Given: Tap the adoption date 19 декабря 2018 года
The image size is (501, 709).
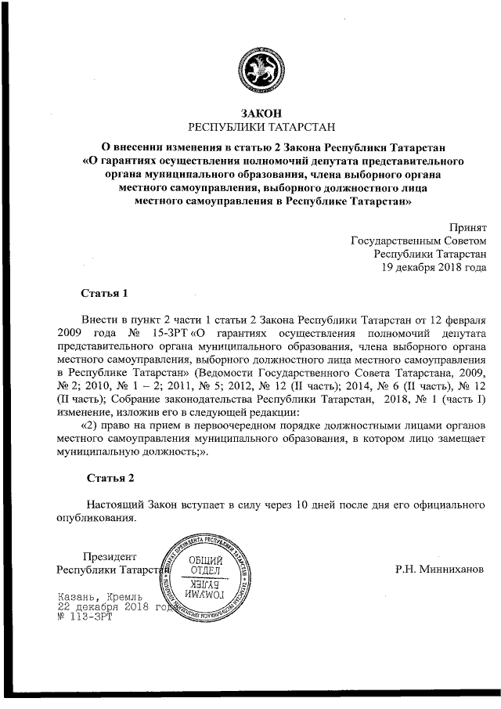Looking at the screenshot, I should click(x=434, y=266).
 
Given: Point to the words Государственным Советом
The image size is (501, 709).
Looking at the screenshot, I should click(x=418, y=240).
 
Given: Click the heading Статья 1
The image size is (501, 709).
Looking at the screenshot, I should click(x=104, y=294).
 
